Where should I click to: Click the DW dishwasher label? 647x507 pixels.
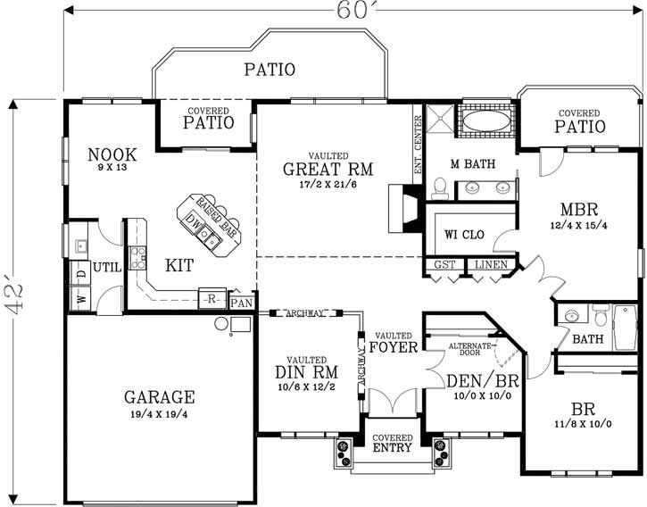[192, 220]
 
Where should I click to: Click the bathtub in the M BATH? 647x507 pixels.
[485, 121]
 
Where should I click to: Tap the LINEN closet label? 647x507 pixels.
[491, 265]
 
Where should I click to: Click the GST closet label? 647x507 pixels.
[444, 265]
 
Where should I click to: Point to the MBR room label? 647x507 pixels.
[578, 212]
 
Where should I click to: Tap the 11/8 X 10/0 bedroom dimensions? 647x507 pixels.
[582, 423]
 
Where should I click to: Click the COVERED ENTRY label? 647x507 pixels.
[392, 443]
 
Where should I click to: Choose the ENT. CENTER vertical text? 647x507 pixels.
[418, 145]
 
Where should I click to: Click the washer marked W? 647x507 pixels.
[81, 299]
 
